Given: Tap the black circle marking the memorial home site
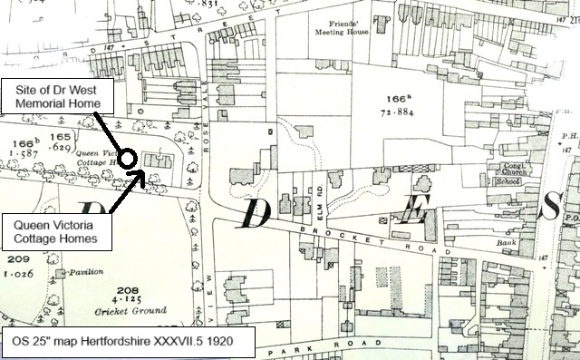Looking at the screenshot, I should tap(128, 158).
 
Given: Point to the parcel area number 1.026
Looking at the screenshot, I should tap(17, 273).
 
